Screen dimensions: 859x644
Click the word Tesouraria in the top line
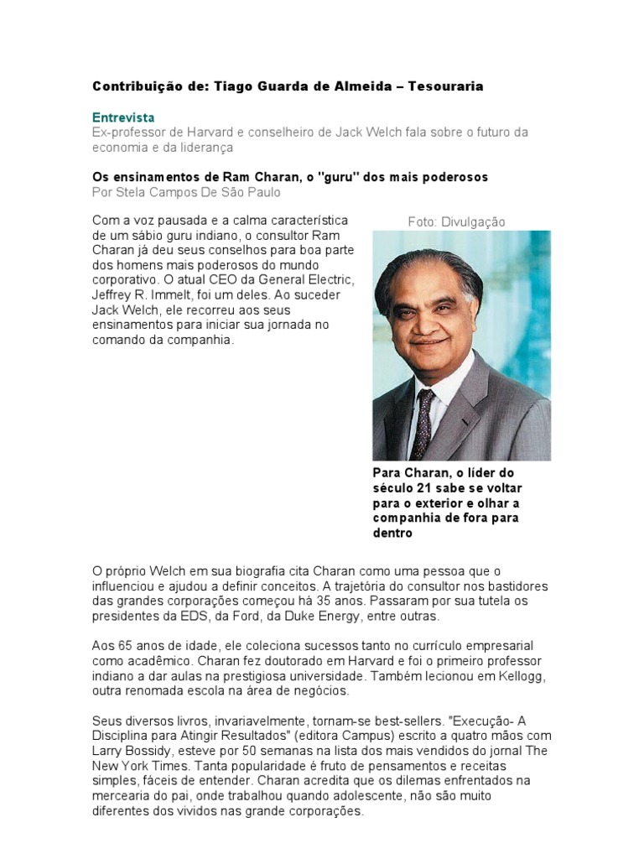tap(445, 86)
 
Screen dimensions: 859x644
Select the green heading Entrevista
tap(123, 117)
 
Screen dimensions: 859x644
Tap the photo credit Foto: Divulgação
tap(456, 221)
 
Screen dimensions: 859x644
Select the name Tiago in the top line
tap(231, 86)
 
